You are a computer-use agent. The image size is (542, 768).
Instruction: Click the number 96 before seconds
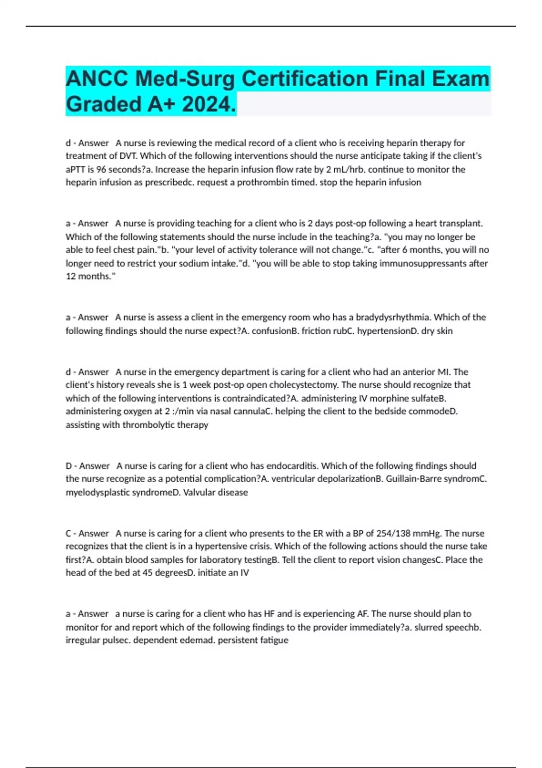(x=102, y=169)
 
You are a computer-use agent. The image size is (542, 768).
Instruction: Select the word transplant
(x=461, y=223)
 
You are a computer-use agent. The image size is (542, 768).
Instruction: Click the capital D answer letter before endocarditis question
(x=69, y=466)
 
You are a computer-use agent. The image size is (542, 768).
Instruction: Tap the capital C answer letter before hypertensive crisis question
(x=69, y=533)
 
